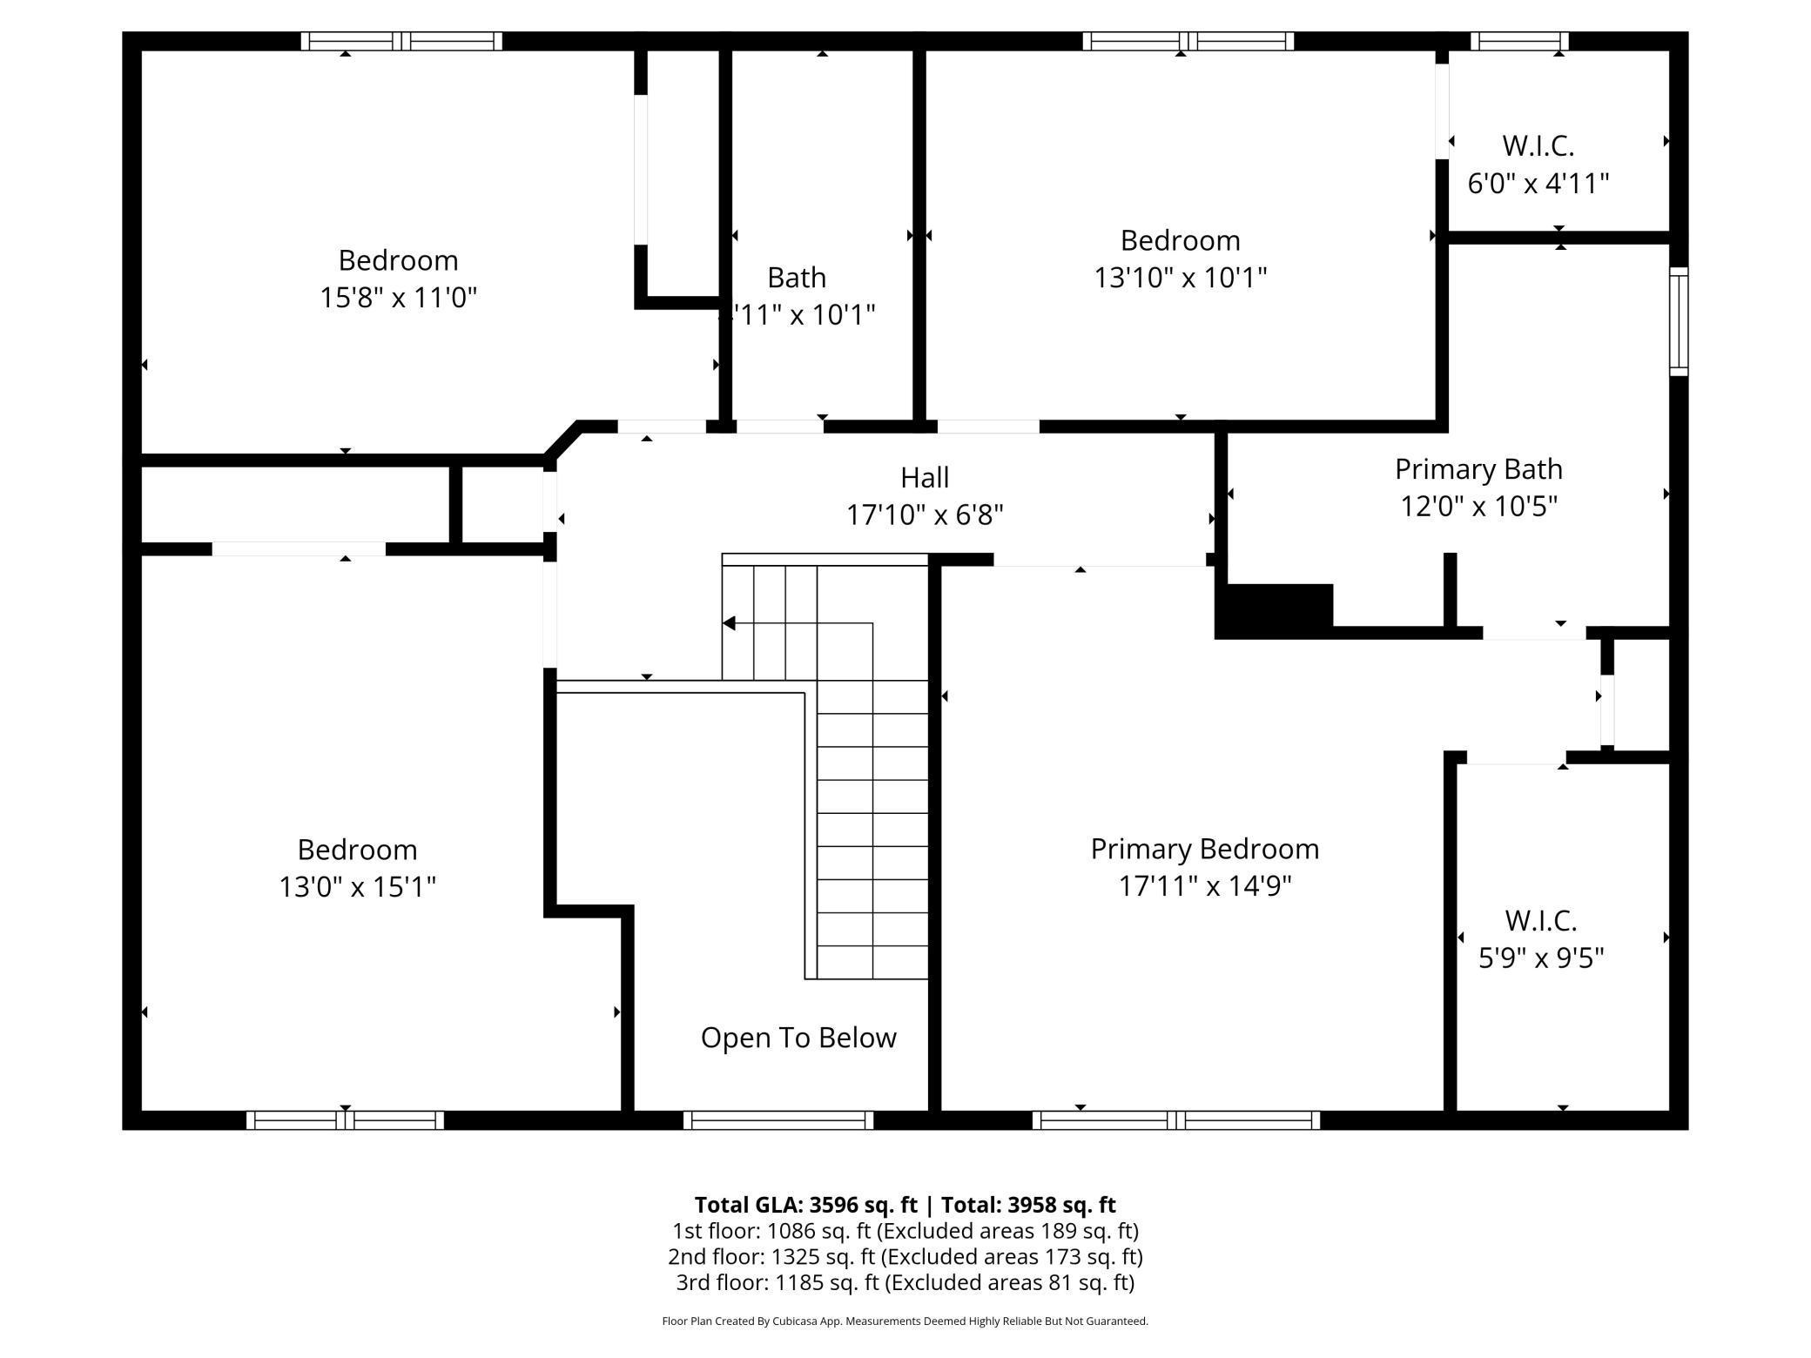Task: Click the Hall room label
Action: click(x=924, y=477)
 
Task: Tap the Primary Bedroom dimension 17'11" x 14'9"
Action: click(x=1204, y=886)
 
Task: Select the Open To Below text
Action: click(x=798, y=1038)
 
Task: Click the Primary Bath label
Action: click(x=1478, y=469)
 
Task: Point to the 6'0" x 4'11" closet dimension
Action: click(x=1538, y=184)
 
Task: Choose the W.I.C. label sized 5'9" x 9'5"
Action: click(x=1540, y=920)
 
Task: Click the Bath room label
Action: click(x=796, y=278)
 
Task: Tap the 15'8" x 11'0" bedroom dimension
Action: click(x=398, y=298)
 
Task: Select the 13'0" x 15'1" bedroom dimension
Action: click(x=357, y=887)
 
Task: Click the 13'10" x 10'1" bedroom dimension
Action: click(x=1180, y=278)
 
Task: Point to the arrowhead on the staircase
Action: click(x=730, y=623)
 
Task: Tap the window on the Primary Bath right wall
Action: click(x=1678, y=322)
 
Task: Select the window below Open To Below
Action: click(x=778, y=1120)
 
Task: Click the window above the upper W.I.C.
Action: click(x=1519, y=41)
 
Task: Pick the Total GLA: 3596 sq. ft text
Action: click(x=805, y=1205)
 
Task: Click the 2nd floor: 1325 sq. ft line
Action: click(x=905, y=1256)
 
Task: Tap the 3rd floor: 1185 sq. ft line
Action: click(x=905, y=1282)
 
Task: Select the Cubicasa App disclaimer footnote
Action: click(x=905, y=1321)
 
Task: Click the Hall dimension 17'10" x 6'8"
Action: click(x=924, y=515)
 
